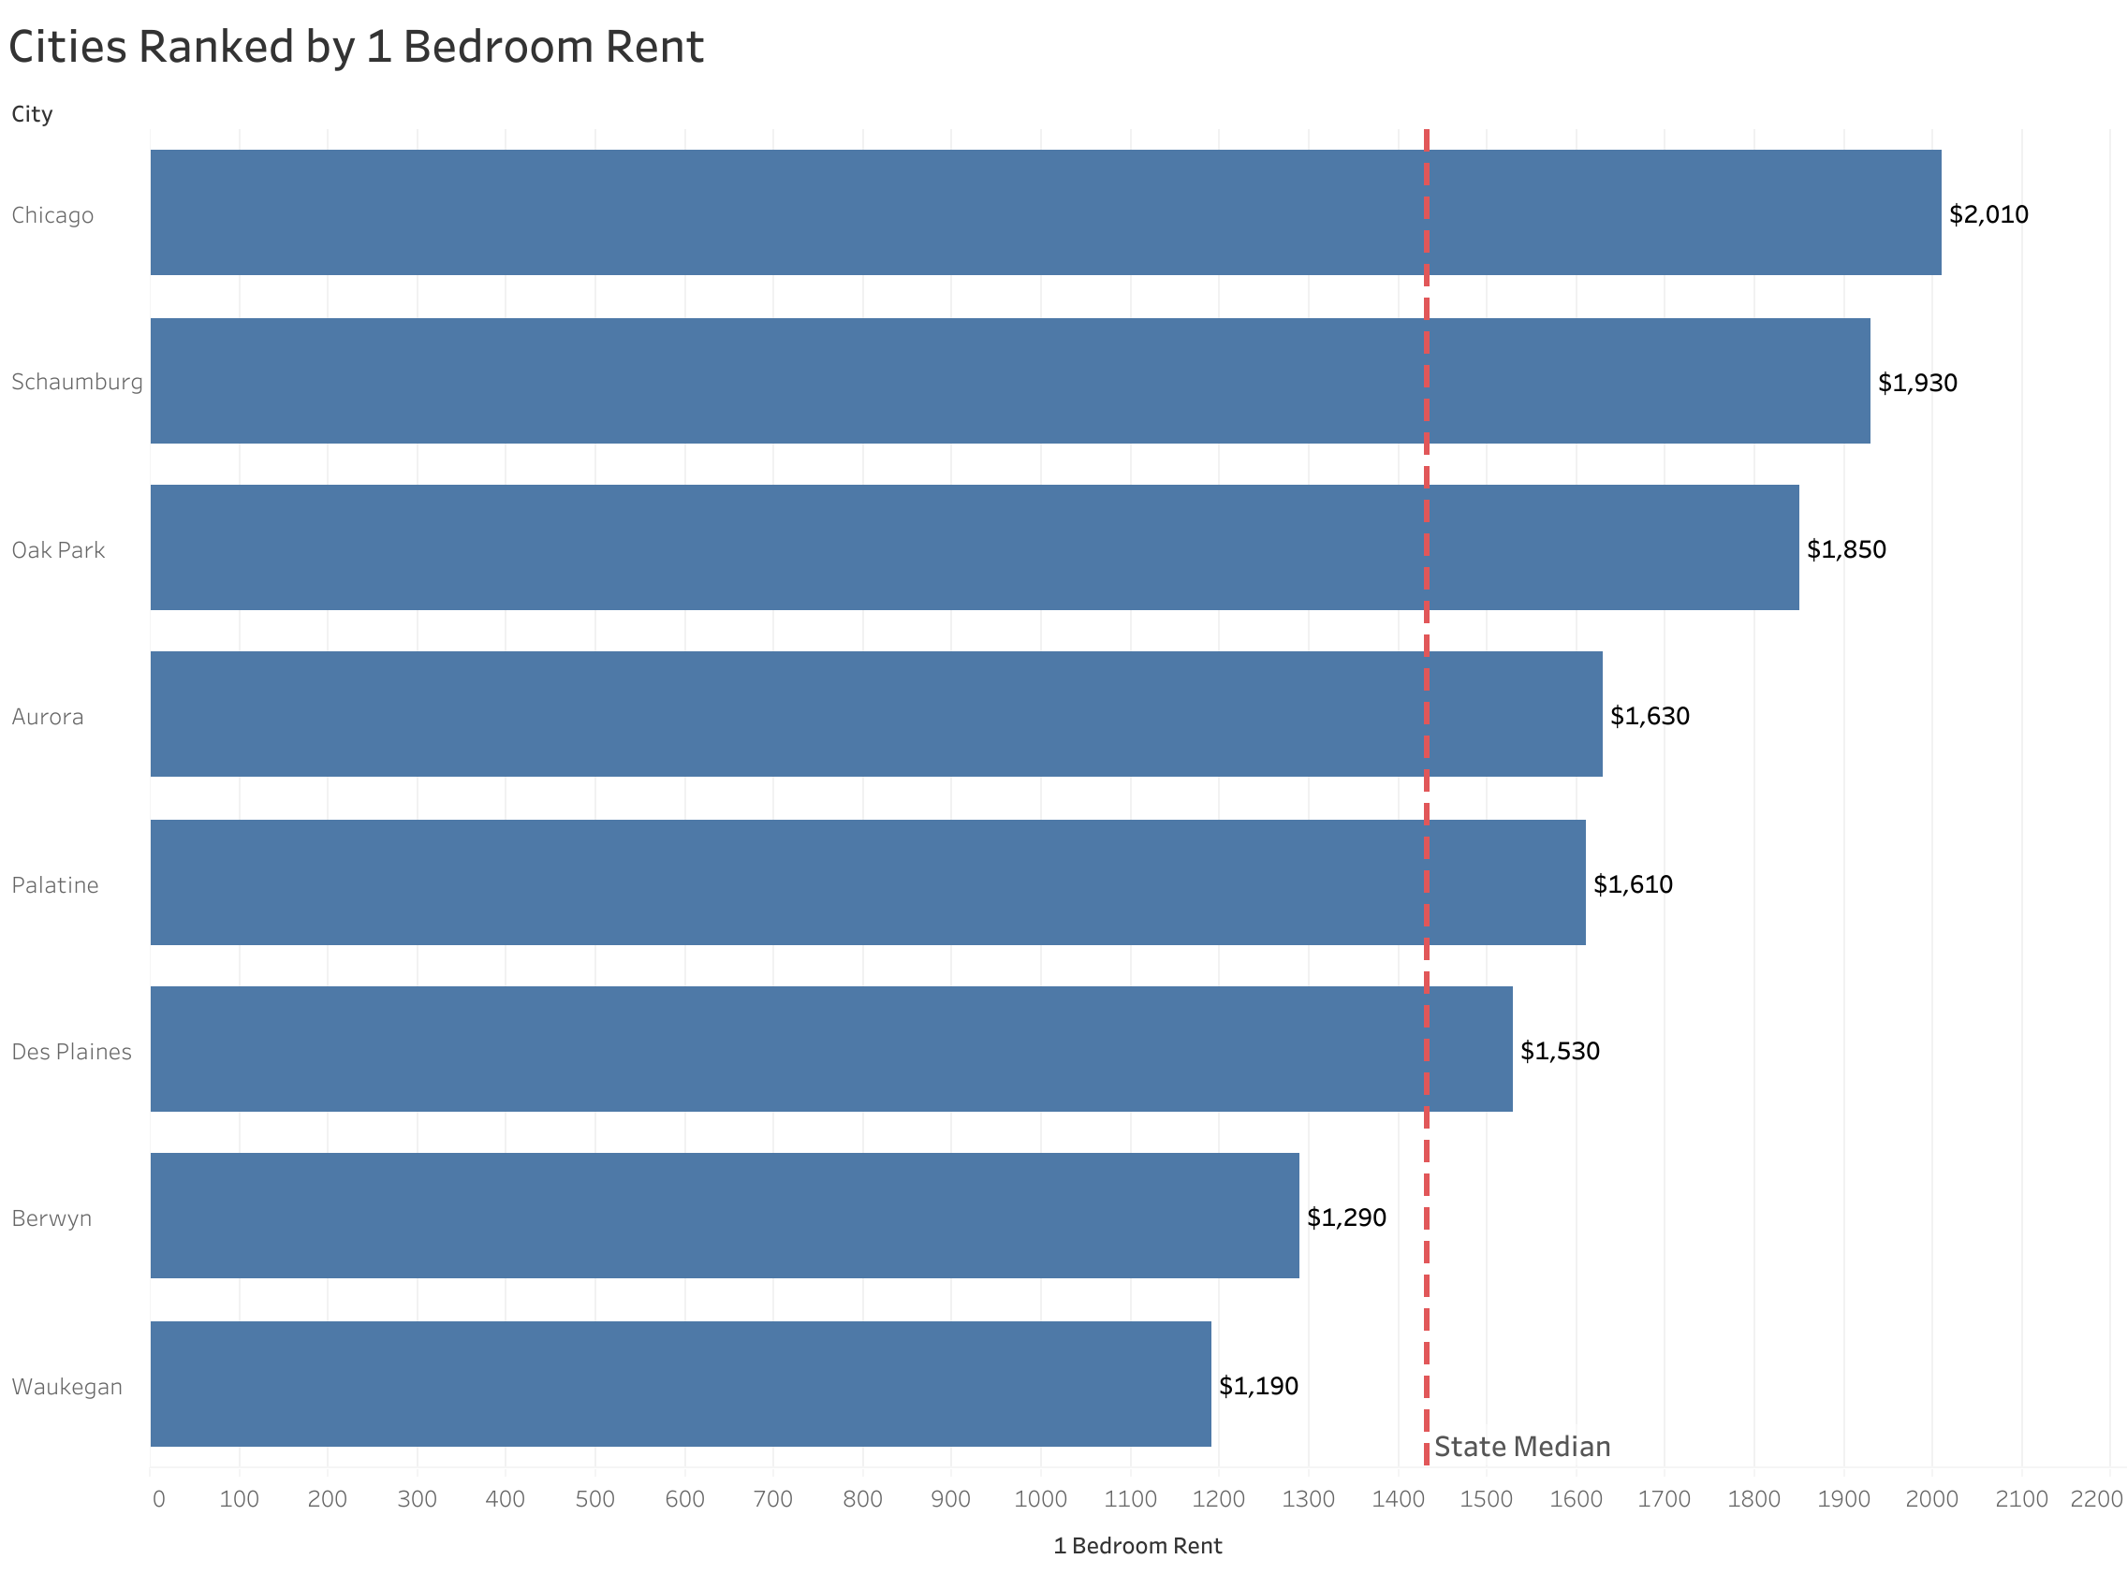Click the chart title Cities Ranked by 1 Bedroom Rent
coord(356,47)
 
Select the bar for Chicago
coord(1045,212)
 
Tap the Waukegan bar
coord(681,1383)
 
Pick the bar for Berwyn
coord(725,1216)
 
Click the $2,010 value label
coord(1988,214)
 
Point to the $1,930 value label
coord(1916,383)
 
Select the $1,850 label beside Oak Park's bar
coord(1846,549)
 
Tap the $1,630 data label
coord(1649,717)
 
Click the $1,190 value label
coord(1258,1385)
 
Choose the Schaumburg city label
coord(77,382)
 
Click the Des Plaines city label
coord(71,1052)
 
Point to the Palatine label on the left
coord(55,885)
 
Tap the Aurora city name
coord(48,717)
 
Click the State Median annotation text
coord(1521,1447)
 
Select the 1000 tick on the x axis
coord(1040,1499)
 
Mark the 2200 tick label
coord(2095,1499)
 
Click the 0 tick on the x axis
coord(158,1499)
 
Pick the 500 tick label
coord(594,1499)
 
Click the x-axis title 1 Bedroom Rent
coord(1137,1545)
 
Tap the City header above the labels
coord(32,114)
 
